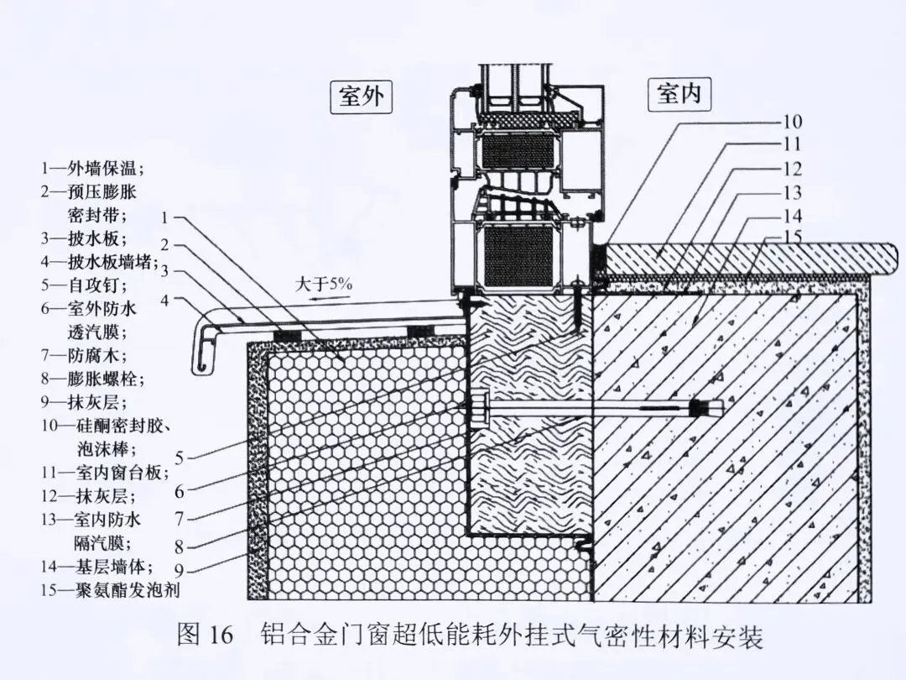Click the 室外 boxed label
tap(362, 97)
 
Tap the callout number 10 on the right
tap(793, 122)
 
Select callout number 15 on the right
tap(793, 237)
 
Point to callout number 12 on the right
tap(793, 169)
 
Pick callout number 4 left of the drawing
tap(166, 298)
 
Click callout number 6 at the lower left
tap(180, 489)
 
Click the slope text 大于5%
tap(324, 284)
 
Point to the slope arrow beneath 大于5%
tap(324, 296)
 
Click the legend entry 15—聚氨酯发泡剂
tap(110, 590)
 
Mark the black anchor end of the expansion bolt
tap(695, 409)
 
